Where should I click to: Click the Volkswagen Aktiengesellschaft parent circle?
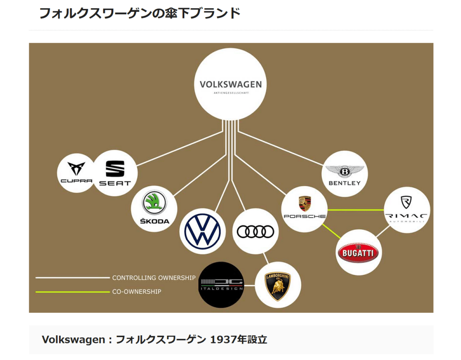click(230, 84)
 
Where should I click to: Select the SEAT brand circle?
click(114, 173)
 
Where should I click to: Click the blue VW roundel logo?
click(202, 231)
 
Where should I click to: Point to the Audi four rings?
click(256, 231)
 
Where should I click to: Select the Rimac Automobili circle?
click(406, 210)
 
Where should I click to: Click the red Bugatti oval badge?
click(359, 252)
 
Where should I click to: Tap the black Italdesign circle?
click(221, 285)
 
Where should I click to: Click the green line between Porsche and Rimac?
click(356, 210)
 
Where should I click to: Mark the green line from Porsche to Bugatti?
click(332, 231)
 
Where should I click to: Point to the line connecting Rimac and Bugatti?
click(383, 231)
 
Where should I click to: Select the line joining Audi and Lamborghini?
click(266, 258)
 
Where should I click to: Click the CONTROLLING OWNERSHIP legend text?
click(154, 278)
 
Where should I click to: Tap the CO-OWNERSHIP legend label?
click(137, 292)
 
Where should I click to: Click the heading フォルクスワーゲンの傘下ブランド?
click(140, 13)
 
